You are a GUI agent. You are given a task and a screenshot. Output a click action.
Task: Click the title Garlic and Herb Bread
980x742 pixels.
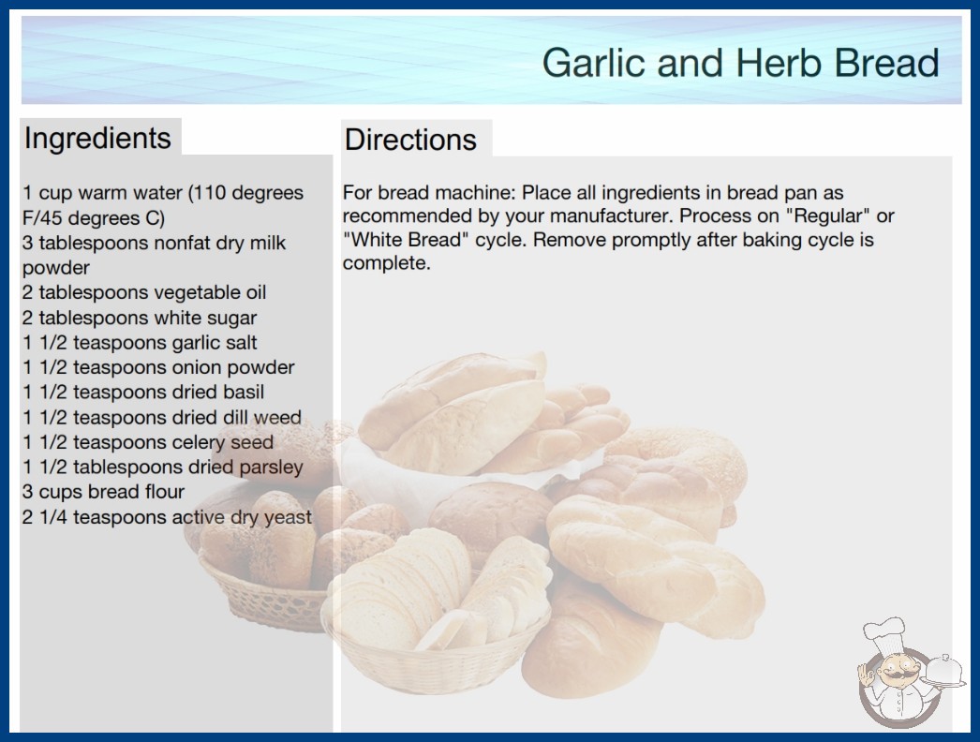click(741, 63)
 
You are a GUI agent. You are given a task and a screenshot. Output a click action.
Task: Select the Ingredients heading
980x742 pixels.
click(97, 138)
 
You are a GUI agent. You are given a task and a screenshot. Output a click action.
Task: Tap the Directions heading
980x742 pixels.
click(410, 140)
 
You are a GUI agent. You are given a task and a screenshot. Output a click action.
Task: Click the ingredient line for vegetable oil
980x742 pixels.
click(144, 292)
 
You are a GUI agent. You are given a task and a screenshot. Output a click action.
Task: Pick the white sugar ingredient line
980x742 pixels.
click(140, 318)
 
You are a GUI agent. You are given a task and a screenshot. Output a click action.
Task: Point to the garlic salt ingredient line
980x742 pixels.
click(140, 343)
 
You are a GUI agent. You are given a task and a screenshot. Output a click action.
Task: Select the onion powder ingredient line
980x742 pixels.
click(158, 367)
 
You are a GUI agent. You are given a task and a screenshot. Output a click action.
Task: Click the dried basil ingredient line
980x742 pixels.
click(143, 392)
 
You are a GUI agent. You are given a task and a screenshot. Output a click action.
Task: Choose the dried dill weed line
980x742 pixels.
click(162, 417)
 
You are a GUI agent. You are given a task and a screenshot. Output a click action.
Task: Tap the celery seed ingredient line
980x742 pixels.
click(148, 442)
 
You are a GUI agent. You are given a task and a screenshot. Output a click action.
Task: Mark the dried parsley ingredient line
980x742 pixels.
click(163, 467)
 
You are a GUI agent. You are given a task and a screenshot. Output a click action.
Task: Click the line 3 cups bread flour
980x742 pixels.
click(104, 492)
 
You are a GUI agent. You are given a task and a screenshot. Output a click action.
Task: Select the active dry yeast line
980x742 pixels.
click(167, 517)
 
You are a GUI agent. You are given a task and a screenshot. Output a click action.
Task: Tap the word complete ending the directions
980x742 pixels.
click(386, 263)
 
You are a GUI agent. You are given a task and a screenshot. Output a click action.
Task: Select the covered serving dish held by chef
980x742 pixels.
click(944, 672)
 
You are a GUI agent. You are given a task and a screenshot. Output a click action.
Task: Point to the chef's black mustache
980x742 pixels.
click(898, 675)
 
